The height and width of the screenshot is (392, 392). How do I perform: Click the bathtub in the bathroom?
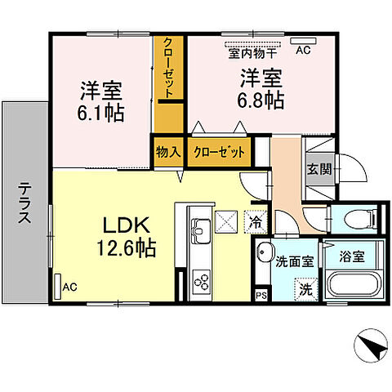(354, 287)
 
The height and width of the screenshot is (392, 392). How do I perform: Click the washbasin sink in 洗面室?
(264, 253)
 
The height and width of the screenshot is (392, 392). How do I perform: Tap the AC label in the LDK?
(69, 287)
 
